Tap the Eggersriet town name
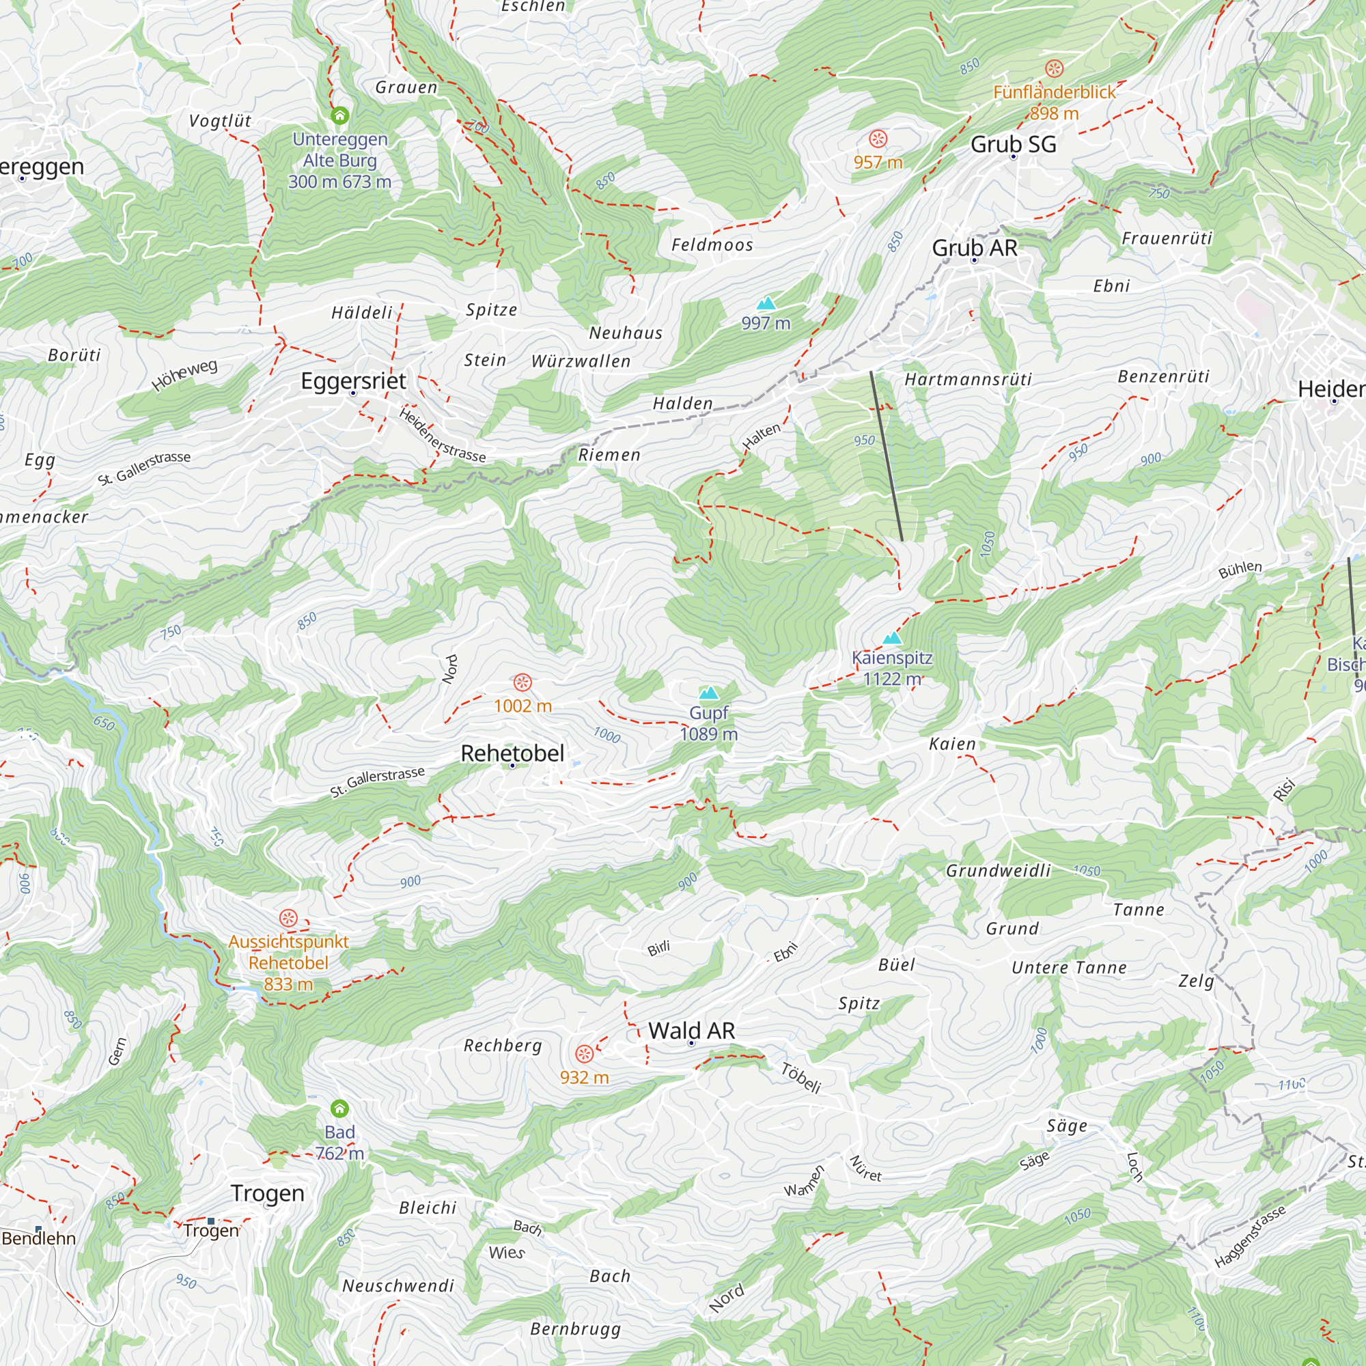coord(353,381)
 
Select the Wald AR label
coord(691,1031)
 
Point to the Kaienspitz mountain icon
coord(892,639)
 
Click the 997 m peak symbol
coord(766,304)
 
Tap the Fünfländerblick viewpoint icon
coord(1054,68)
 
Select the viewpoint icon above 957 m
coord(878,139)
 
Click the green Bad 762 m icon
coord(339,1109)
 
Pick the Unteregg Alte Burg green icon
coord(340,115)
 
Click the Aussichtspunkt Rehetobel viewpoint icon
coord(288,919)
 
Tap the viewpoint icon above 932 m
coord(584,1054)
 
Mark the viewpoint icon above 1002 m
coord(522,683)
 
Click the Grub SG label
coord(1012,144)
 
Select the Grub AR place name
coord(975,248)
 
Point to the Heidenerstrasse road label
coord(443,435)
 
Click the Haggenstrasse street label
coord(1250,1238)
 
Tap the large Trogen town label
coord(267,1193)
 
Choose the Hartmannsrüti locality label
coord(968,380)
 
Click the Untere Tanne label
coord(1069,968)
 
